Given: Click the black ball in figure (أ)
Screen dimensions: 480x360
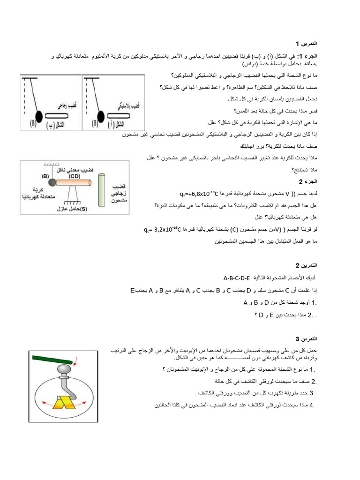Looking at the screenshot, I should pos(100,115).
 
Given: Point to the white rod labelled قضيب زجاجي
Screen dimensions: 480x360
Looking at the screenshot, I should pos(60,115).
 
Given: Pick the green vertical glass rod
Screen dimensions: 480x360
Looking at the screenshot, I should pos(103,189).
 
